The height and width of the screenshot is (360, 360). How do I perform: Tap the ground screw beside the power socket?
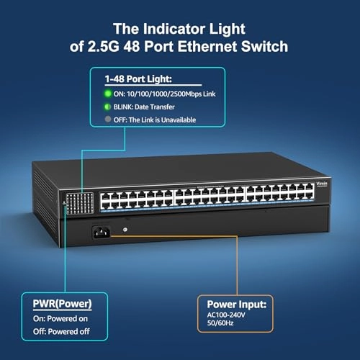tap(126, 230)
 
